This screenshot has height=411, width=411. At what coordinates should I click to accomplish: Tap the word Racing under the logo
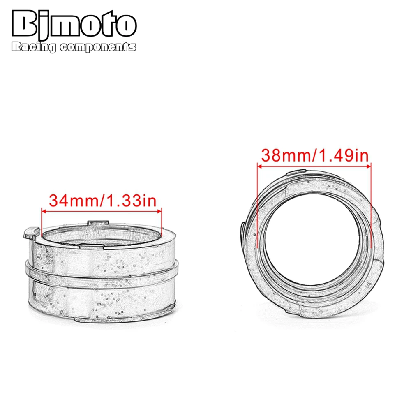coord(33,48)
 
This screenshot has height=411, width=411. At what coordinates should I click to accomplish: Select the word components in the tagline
coord(97,48)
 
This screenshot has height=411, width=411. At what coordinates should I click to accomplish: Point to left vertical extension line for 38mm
coord(257,205)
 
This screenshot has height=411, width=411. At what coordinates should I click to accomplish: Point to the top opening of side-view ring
coord(102,235)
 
